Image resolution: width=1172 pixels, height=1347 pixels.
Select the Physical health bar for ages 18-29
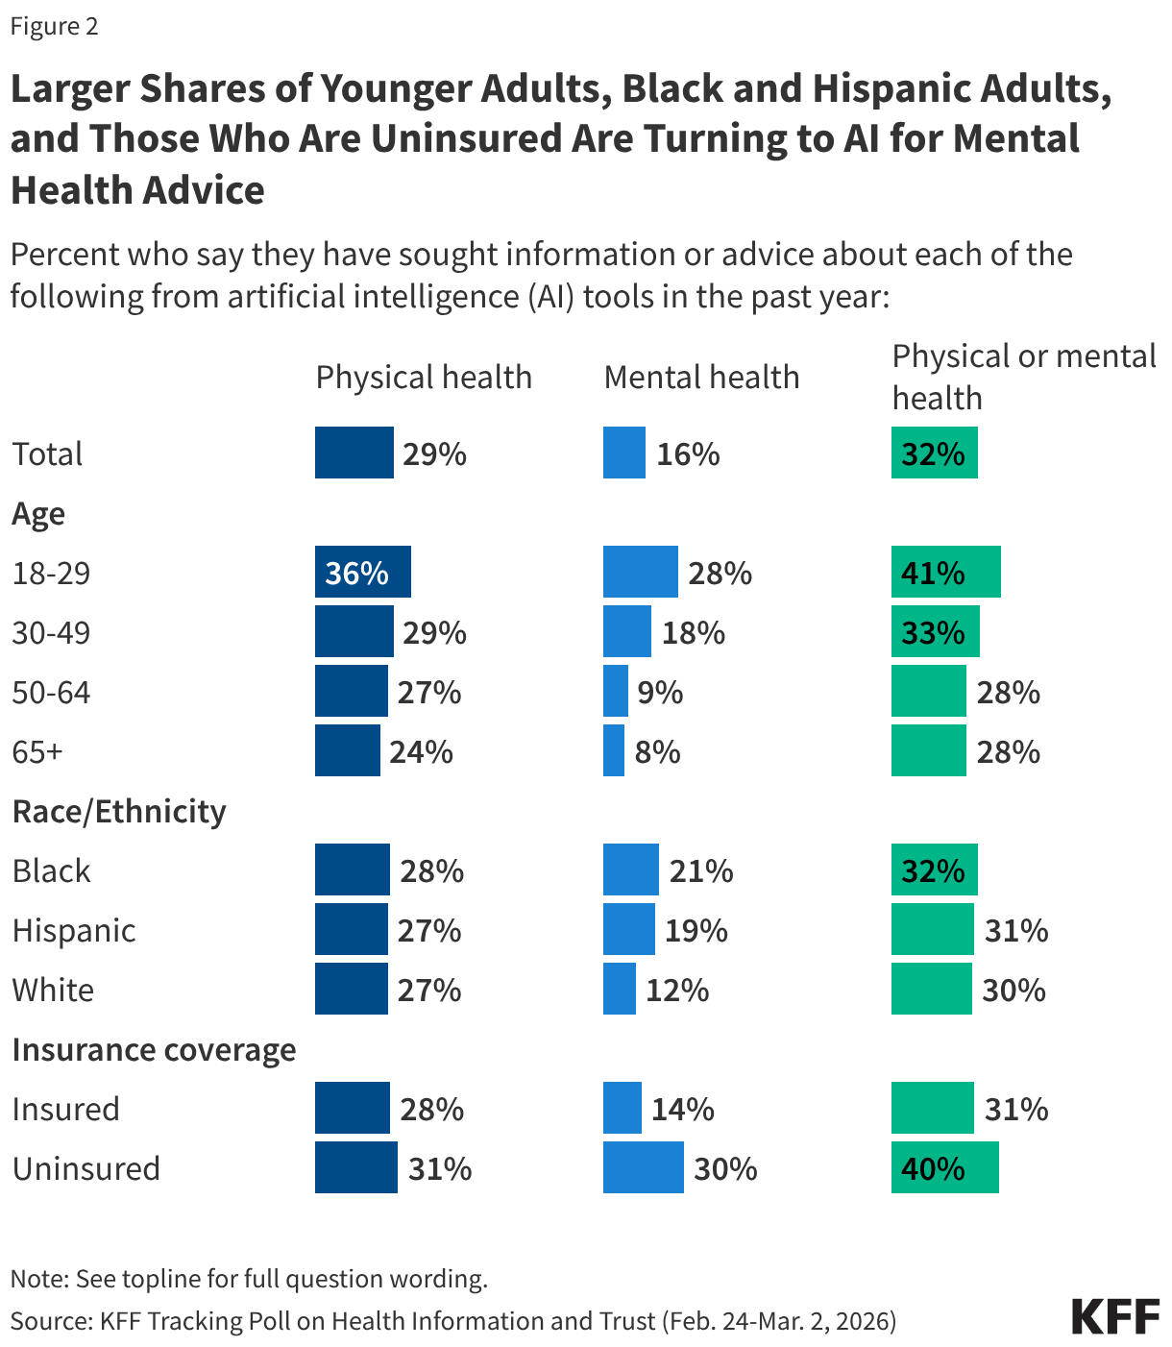(x=362, y=573)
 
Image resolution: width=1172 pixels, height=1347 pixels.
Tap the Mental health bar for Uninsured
(x=643, y=1168)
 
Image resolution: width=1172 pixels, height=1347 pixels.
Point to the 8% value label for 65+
(x=657, y=751)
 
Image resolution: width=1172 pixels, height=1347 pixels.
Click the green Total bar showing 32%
(x=934, y=453)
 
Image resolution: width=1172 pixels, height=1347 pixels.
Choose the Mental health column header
(x=701, y=378)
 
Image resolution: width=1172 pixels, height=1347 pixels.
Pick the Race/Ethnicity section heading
(x=119, y=812)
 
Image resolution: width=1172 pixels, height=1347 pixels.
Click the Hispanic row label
(x=74, y=931)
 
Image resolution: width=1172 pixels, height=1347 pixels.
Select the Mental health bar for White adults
(x=619, y=990)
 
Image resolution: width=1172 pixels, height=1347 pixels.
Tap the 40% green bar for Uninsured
(x=944, y=1168)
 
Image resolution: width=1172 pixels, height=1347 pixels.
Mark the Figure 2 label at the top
(x=55, y=27)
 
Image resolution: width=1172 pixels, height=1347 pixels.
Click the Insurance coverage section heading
(x=154, y=1050)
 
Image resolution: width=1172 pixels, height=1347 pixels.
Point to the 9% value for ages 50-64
(x=660, y=692)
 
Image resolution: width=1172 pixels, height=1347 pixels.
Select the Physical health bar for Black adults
(x=352, y=870)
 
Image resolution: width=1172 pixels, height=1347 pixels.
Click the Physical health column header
(x=424, y=378)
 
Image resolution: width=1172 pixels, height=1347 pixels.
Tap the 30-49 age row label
(x=51, y=633)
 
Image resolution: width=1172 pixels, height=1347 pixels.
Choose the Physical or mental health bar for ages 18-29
(x=945, y=573)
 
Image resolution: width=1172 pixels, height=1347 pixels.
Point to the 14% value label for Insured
(x=682, y=1110)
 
